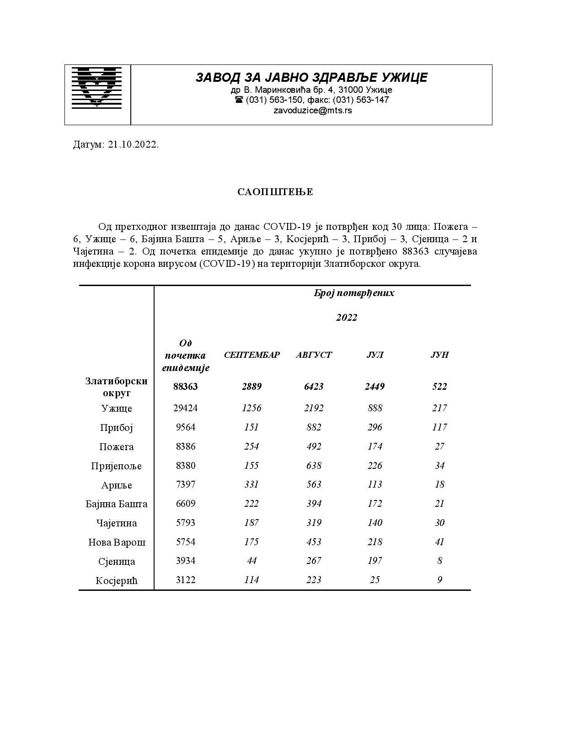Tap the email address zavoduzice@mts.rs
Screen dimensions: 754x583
[313, 110]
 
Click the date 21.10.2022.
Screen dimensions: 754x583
[133, 145]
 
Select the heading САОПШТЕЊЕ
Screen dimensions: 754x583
[275, 192]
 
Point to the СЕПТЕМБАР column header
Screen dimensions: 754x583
[251, 355]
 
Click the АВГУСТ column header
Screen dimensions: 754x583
[314, 355]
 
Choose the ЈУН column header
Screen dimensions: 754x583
[439, 355]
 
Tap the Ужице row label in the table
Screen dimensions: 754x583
[117, 409]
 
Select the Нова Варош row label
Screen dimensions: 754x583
[117, 542]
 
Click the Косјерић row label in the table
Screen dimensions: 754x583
[117, 581]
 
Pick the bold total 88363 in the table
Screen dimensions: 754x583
[186, 387]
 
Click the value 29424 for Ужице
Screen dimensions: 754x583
[186, 408]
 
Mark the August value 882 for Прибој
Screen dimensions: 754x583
[314, 427]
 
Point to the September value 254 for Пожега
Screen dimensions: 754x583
[251, 446]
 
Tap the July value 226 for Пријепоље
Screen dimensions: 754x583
[374, 466]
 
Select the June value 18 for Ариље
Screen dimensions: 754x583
[439, 484]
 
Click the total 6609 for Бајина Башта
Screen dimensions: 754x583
[186, 504]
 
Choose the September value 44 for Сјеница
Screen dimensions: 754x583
[251, 561]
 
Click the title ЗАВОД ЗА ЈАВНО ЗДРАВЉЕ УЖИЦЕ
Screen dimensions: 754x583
[311, 77]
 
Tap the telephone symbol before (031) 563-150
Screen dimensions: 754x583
[239, 100]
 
